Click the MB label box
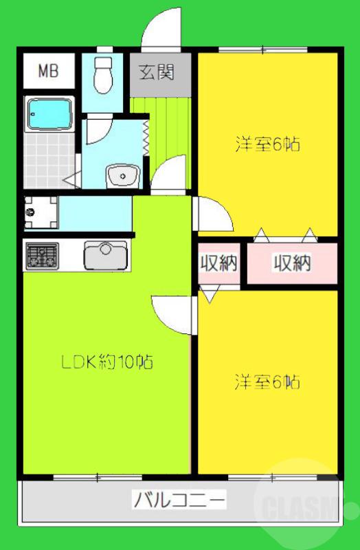click(x=47, y=71)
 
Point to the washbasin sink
click(x=123, y=177)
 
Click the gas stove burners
click(x=43, y=256)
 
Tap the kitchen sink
click(x=106, y=256)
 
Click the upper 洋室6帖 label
click(x=268, y=145)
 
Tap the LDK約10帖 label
click(x=104, y=361)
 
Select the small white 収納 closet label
click(x=218, y=263)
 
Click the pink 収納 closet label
click(x=291, y=263)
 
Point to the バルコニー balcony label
click(x=179, y=499)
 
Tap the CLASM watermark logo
click(x=300, y=509)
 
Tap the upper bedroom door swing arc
click(x=213, y=214)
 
